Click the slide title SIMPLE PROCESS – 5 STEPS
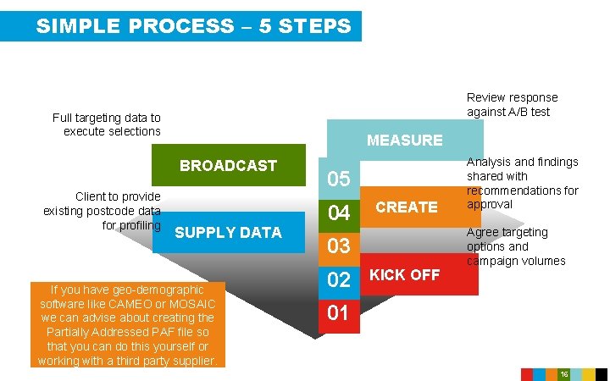coord(193,26)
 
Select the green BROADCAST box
coord(228,166)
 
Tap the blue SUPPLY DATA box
coord(228,233)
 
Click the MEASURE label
coord(404,141)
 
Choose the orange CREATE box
coord(407,207)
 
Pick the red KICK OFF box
coord(405,275)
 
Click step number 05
coord(338,179)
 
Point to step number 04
coord(338,213)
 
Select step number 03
coord(338,246)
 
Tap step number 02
coord(338,280)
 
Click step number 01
coord(338,313)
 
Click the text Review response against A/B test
coord(512,105)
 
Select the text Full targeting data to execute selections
coord(106,124)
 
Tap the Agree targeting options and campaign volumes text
coord(515,246)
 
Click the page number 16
coord(563,374)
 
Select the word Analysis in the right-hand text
coord(489,162)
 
